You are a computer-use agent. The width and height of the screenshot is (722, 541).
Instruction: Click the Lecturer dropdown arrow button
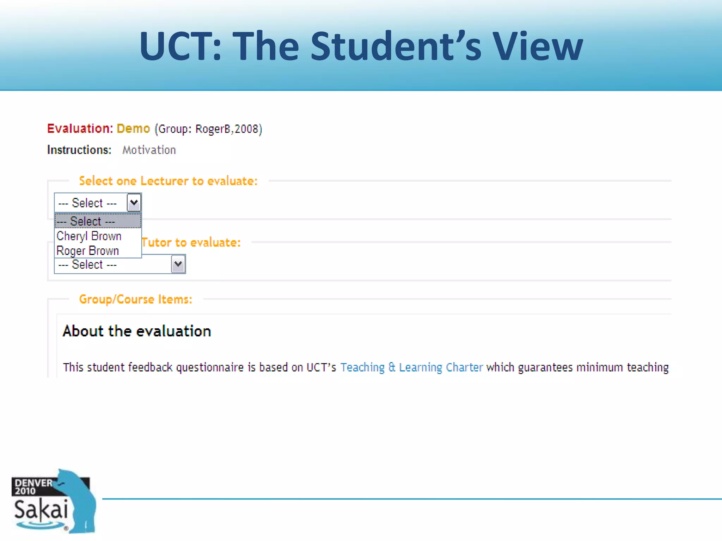[134, 203]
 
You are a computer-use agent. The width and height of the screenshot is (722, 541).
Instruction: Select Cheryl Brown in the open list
[89, 236]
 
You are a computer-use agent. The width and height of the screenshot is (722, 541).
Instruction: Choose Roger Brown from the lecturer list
[88, 251]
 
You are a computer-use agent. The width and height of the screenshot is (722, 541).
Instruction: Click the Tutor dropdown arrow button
[178, 264]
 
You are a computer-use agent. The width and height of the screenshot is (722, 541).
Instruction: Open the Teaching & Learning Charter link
[411, 367]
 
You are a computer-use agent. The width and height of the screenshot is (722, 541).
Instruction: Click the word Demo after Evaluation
[133, 129]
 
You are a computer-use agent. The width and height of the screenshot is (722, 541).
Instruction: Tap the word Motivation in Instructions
[149, 150]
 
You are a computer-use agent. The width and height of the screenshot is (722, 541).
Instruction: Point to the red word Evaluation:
[80, 129]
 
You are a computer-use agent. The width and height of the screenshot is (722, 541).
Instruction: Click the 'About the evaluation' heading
[137, 331]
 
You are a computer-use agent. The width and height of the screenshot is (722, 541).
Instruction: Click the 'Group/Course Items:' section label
[136, 299]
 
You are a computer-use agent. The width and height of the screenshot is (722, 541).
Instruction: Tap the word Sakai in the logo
[41, 510]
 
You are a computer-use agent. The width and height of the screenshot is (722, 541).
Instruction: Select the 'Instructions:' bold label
[79, 150]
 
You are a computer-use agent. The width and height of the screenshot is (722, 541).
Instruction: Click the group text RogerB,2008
[227, 129]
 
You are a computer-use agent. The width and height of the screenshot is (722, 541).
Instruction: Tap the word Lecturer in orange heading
[164, 181]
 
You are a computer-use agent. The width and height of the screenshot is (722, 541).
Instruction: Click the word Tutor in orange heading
[157, 243]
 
